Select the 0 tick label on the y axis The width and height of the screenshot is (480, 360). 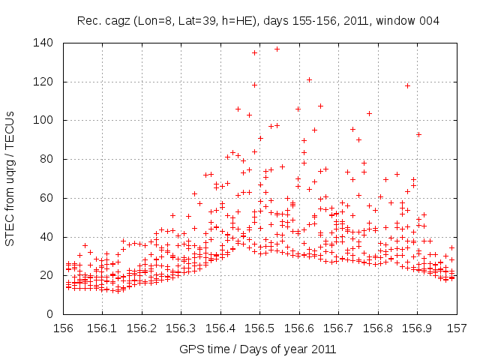(x=52, y=314)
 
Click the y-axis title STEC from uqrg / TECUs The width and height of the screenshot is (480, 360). (x=10, y=178)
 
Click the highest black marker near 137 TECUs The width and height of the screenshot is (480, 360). (x=277, y=49)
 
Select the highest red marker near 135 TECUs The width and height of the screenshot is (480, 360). (x=255, y=52)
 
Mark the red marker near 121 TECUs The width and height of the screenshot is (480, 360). (x=309, y=79)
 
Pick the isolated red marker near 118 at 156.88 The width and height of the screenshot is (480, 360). (x=407, y=85)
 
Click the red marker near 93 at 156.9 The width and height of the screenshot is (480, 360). (x=418, y=134)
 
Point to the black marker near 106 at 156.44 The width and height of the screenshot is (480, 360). (x=238, y=109)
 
